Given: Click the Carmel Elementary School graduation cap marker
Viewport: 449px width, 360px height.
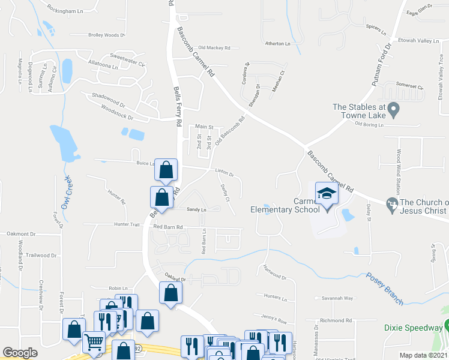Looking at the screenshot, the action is click(x=327, y=194).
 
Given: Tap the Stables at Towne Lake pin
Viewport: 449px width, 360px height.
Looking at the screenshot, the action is click(x=393, y=110).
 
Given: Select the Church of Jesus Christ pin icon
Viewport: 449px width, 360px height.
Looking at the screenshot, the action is click(x=393, y=205).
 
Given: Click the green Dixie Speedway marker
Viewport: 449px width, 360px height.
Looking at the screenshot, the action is click(x=447, y=326).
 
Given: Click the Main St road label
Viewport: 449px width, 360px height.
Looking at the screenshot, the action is click(x=204, y=127).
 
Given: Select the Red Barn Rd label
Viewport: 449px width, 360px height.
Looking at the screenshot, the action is click(x=168, y=227).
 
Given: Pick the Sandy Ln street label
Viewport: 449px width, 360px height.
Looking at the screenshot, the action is click(x=196, y=209).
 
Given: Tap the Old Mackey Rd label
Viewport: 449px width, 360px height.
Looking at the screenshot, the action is click(x=214, y=47).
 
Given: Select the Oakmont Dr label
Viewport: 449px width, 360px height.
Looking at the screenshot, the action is click(x=22, y=233).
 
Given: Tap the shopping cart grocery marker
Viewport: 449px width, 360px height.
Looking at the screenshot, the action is click(x=94, y=343).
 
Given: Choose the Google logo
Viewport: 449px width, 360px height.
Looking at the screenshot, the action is click(x=20, y=353).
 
